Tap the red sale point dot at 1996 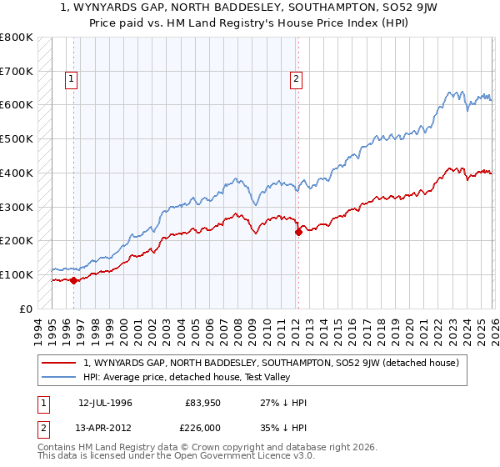click(73, 280)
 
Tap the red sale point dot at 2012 click(297, 232)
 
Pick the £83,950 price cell click(202, 402)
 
